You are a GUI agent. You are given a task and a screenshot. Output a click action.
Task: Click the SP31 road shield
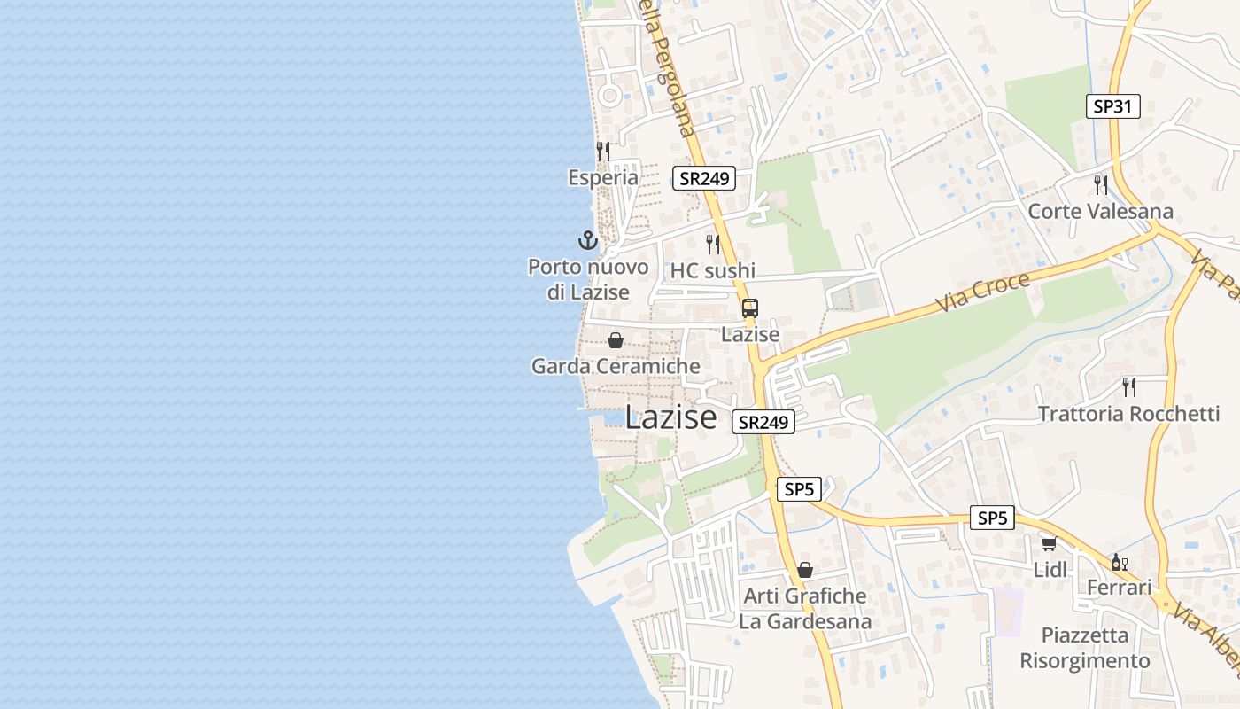(x=1112, y=106)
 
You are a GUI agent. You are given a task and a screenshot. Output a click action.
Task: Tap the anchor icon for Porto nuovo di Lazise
(x=588, y=240)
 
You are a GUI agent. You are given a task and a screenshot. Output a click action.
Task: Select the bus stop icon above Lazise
(x=750, y=308)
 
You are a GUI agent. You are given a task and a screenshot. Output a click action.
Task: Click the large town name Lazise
(x=670, y=417)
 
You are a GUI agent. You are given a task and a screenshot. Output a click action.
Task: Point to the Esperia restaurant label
(x=603, y=177)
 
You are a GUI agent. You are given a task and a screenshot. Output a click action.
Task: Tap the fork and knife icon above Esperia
(x=603, y=152)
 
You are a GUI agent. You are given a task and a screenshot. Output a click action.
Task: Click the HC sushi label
(x=713, y=271)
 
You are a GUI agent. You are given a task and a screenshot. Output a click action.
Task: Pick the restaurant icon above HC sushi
(x=713, y=245)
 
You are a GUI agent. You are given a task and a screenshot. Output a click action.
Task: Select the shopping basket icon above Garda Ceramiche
(x=616, y=340)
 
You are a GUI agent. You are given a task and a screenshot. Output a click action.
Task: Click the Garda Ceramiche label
(x=616, y=366)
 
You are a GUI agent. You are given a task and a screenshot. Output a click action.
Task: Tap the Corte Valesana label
(x=1100, y=212)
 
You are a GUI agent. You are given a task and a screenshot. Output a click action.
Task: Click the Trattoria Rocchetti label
(x=1128, y=414)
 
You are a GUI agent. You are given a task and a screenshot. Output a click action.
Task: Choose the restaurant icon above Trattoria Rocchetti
(x=1128, y=387)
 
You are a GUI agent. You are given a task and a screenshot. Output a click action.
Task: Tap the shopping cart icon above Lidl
(x=1050, y=543)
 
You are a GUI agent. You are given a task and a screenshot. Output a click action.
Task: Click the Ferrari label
(x=1119, y=588)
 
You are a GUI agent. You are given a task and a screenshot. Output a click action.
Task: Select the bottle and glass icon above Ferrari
(x=1119, y=562)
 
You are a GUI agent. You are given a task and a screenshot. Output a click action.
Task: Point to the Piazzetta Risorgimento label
(x=1085, y=648)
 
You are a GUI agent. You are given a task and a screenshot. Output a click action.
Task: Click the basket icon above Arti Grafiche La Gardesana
(x=805, y=570)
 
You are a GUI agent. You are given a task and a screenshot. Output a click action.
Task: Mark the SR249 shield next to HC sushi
(x=704, y=178)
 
